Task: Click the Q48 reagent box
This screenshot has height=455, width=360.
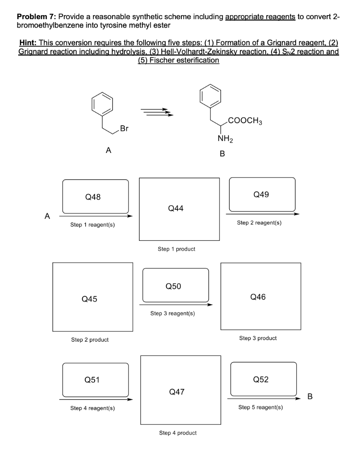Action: [x=96, y=196]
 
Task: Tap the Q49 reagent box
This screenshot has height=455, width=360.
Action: [x=262, y=194]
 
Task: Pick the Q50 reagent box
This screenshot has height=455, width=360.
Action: [x=176, y=285]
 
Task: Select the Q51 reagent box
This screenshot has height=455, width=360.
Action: [x=96, y=379]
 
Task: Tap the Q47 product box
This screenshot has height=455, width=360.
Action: [x=180, y=391]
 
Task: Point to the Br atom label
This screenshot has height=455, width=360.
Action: [x=124, y=129]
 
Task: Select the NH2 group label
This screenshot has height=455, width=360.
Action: [x=224, y=139]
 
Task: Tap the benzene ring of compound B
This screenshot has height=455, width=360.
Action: [x=211, y=96]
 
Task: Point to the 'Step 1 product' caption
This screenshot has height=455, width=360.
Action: [x=176, y=249]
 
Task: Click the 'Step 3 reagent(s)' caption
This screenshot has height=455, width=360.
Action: [x=173, y=313]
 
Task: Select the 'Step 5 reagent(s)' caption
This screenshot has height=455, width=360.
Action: [x=260, y=407]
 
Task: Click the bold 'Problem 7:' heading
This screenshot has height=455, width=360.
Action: [x=36, y=17]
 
